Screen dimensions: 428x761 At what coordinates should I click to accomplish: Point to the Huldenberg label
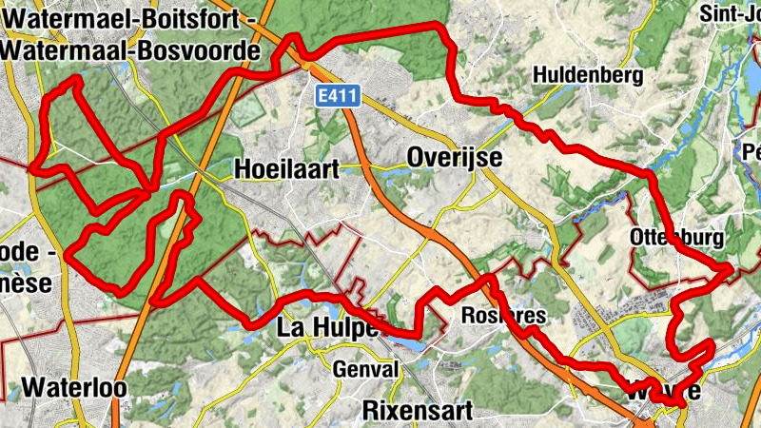[x=589, y=74]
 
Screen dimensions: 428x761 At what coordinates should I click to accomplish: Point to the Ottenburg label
[x=676, y=237]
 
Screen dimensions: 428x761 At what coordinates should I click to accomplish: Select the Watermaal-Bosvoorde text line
[x=131, y=49]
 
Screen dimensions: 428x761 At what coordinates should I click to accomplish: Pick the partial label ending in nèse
[x=27, y=283]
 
